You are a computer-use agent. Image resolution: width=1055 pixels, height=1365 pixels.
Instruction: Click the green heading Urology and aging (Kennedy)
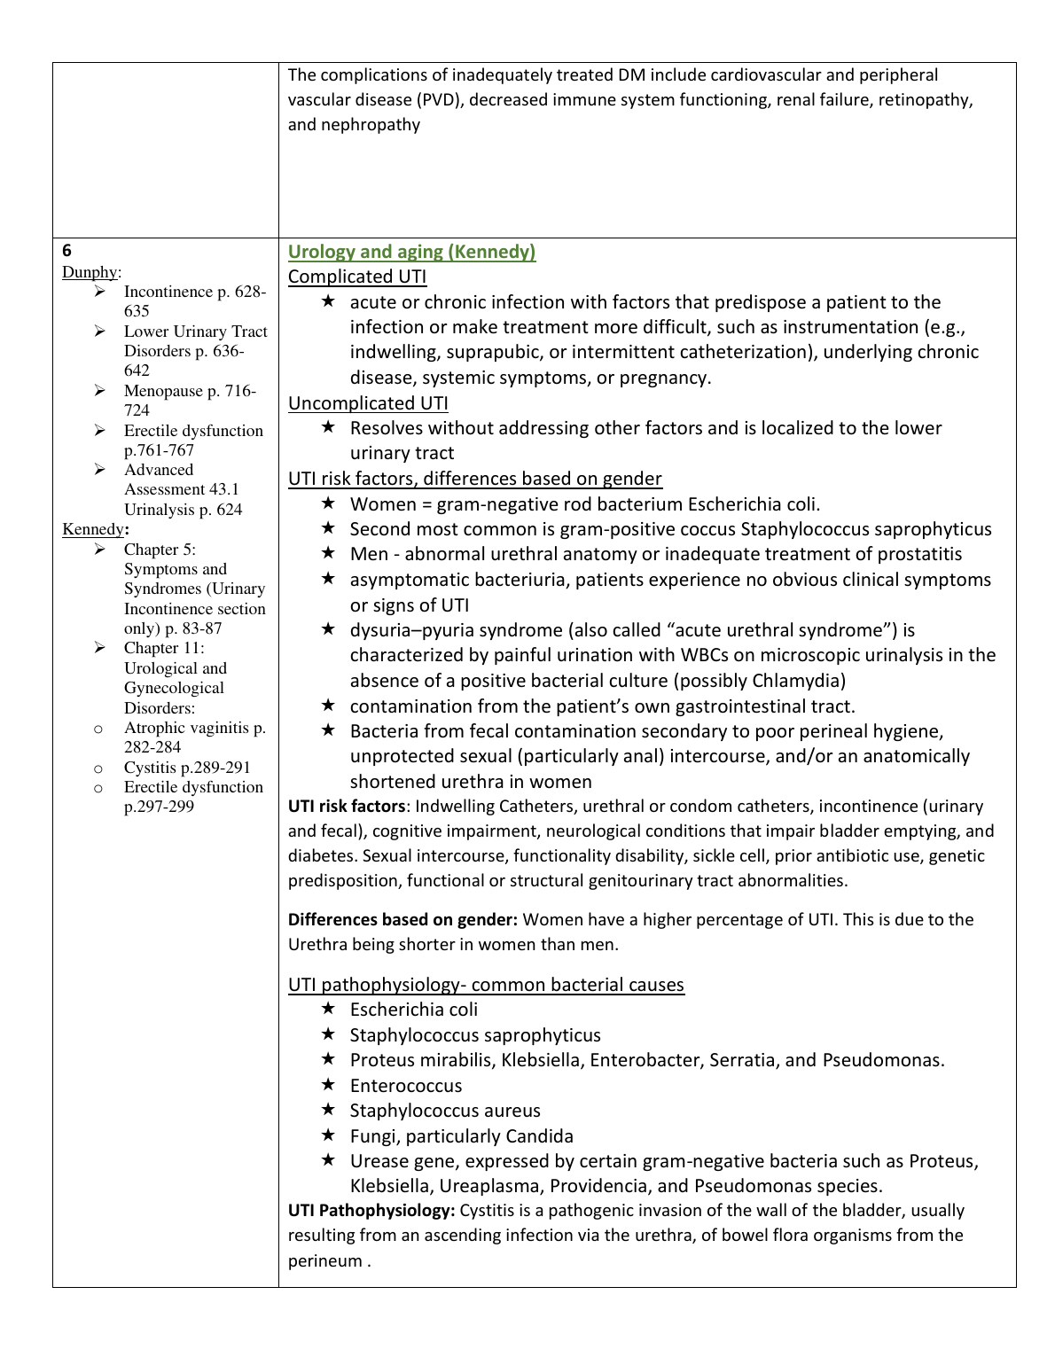pyautogui.click(x=411, y=252)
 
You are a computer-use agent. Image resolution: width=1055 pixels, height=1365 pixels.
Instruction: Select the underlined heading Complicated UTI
pyautogui.click(x=357, y=277)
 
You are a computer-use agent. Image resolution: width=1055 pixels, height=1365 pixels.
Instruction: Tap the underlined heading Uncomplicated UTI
pyautogui.click(x=368, y=403)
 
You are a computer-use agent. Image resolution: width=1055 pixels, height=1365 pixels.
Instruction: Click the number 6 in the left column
pyautogui.click(x=67, y=251)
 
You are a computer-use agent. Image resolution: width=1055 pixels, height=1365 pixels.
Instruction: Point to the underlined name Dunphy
pyautogui.click(x=90, y=272)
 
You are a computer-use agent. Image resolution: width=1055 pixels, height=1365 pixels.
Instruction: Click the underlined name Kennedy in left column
pyautogui.click(x=92, y=529)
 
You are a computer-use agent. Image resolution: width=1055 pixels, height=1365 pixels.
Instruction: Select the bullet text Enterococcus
pyautogui.click(x=406, y=1086)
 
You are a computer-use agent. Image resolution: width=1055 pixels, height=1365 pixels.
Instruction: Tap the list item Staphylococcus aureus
pyautogui.click(x=445, y=1111)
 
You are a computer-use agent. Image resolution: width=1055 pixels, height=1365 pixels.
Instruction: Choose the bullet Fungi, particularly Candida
pyautogui.click(x=461, y=1136)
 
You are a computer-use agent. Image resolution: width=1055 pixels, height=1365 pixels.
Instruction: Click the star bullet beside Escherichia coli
pyautogui.click(x=328, y=1009)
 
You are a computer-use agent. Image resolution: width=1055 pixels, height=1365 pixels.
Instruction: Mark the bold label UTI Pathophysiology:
pyautogui.click(x=371, y=1210)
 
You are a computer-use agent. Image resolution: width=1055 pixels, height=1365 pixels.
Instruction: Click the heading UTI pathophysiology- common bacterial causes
pyautogui.click(x=486, y=985)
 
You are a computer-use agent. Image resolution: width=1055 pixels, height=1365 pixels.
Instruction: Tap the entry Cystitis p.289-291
pyautogui.click(x=187, y=768)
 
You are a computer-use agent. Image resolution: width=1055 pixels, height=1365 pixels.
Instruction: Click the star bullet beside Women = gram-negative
pyautogui.click(x=328, y=503)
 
